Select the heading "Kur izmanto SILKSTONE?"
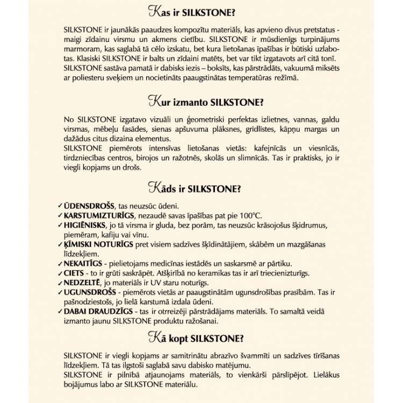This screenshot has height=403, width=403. (201, 101)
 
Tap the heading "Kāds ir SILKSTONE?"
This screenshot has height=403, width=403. (201, 190)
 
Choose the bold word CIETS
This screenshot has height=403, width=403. (73, 272)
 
